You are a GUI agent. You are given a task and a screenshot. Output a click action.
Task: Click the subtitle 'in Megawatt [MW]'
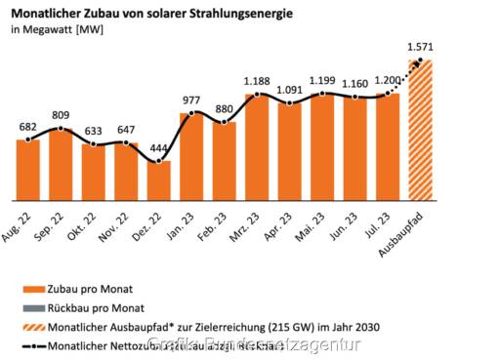[58, 30]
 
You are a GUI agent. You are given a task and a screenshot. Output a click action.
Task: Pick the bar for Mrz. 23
[257, 147]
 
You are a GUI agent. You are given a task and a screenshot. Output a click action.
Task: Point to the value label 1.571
[420, 46]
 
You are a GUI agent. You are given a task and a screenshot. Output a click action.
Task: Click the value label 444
[159, 146]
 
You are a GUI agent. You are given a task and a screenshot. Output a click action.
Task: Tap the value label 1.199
[322, 80]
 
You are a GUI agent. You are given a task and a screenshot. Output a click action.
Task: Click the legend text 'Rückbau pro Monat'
[93, 307]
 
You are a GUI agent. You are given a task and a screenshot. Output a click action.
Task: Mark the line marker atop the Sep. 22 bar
[61, 128]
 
